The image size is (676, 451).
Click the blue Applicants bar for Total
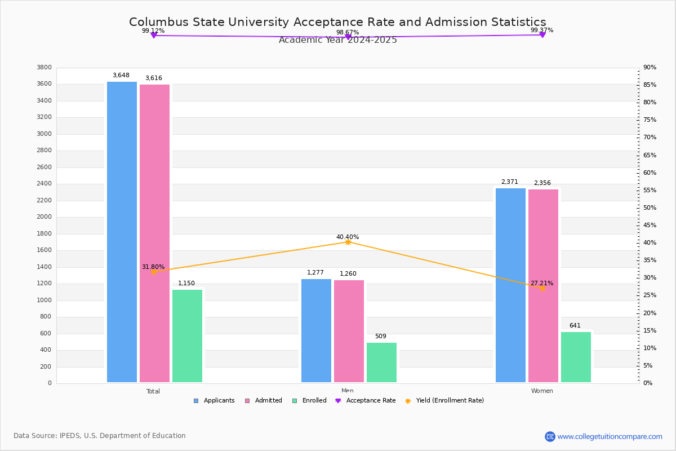pyautogui.click(x=122, y=232)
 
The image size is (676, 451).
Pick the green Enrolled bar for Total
pyautogui.click(x=187, y=336)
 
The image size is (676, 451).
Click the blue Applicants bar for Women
pyautogui.click(x=510, y=285)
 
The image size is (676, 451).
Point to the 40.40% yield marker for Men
pyautogui.click(x=348, y=242)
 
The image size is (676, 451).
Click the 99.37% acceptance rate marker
pyautogui.click(x=542, y=35)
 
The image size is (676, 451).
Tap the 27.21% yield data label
pyautogui.click(x=541, y=283)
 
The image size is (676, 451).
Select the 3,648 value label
pyautogui.click(x=121, y=76)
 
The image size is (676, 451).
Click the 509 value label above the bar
pyautogui.click(x=380, y=337)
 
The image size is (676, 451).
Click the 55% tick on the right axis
pyautogui.click(x=649, y=191)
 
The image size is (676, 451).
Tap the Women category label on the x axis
pyautogui.click(x=541, y=391)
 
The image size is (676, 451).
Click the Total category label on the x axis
pyautogui.click(x=153, y=391)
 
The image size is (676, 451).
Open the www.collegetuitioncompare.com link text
pyautogui.click(x=610, y=436)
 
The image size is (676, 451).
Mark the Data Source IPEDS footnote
pyautogui.click(x=100, y=436)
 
